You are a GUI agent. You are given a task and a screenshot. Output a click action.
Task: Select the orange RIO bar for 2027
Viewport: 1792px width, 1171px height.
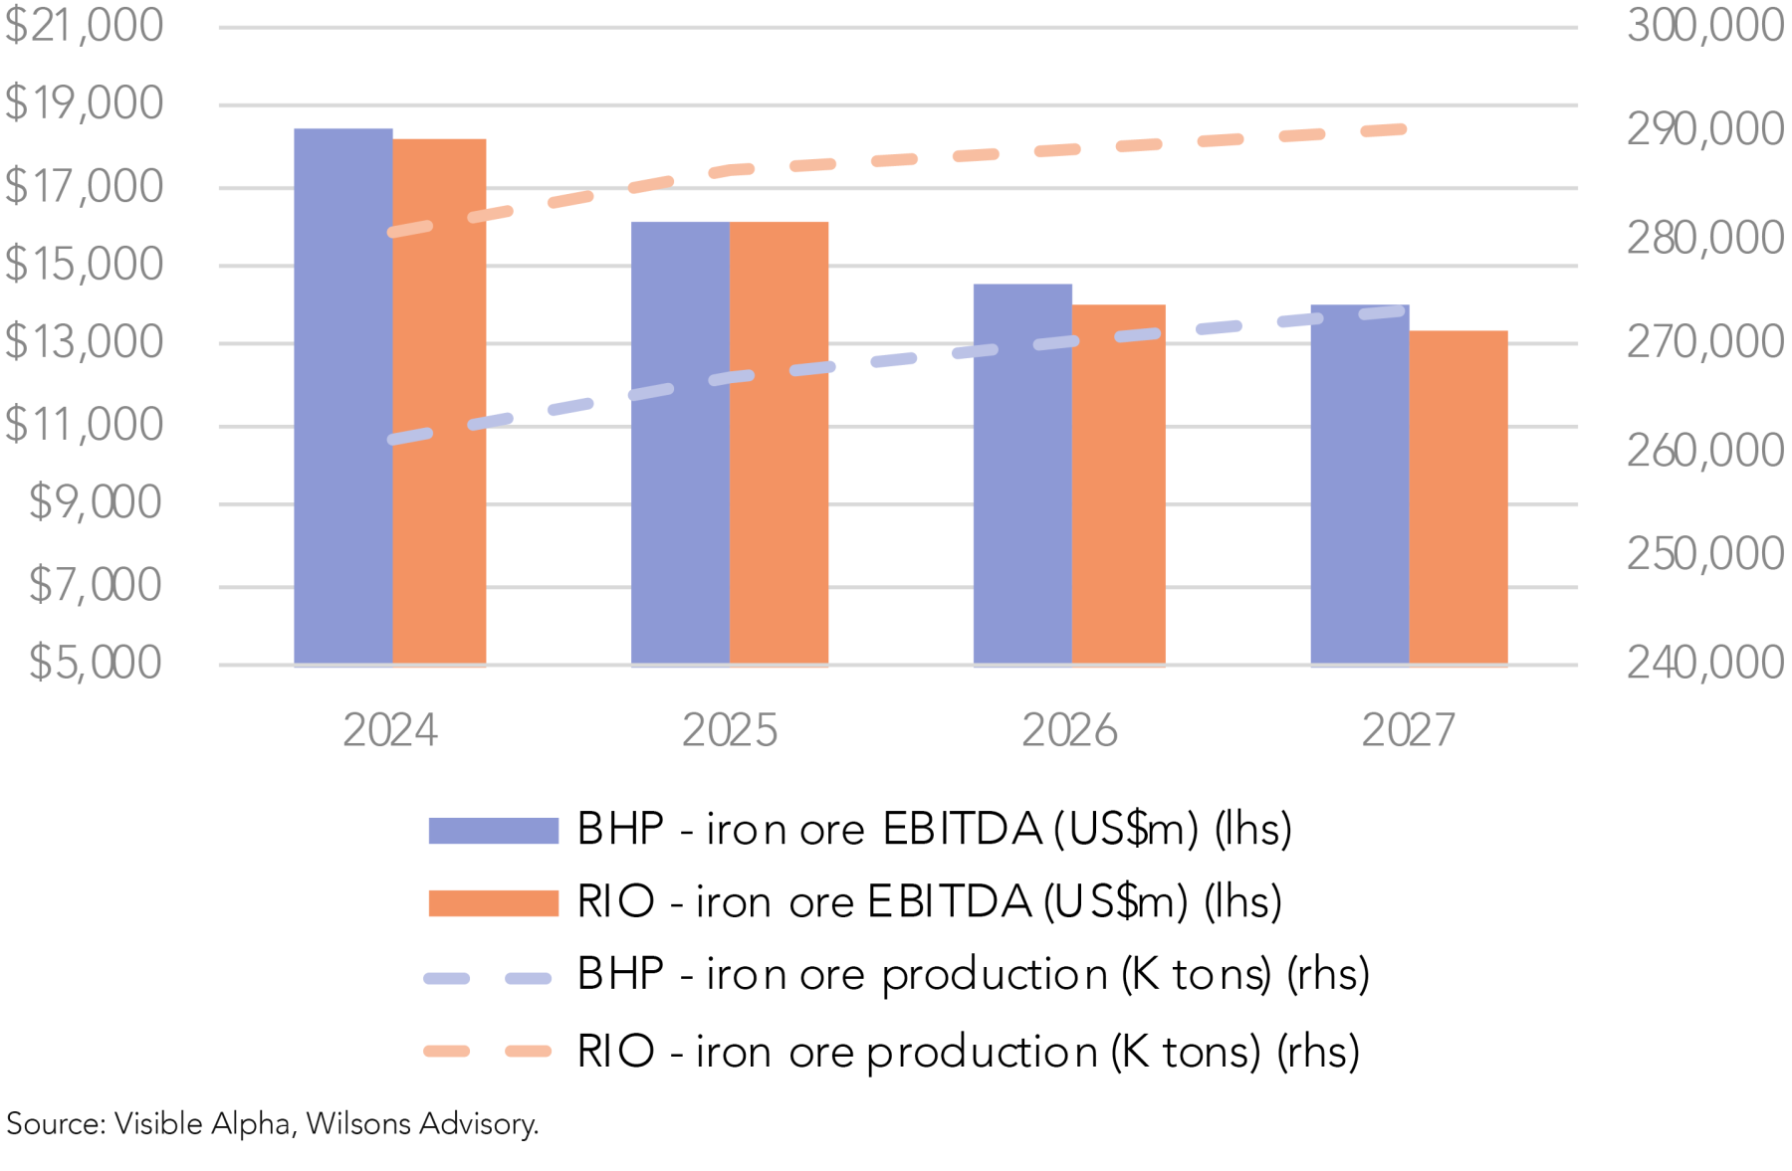[1457, 497]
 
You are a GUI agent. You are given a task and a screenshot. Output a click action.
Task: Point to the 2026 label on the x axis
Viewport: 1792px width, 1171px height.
[1069, 731]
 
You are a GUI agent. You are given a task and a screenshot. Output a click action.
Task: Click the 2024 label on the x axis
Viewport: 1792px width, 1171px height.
[390, 731]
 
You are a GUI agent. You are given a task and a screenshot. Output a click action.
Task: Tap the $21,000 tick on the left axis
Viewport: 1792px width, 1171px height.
[84, 26]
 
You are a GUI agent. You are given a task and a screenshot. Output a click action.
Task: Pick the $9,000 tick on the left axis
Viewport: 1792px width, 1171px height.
[95, 503]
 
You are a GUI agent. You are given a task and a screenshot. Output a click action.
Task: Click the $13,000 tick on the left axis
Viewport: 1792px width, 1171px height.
[84, 343]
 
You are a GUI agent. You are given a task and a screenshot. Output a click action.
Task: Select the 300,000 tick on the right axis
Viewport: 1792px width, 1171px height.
[1704, 26]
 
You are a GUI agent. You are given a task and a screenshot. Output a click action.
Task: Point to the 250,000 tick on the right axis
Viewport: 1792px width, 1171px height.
[1704, 554]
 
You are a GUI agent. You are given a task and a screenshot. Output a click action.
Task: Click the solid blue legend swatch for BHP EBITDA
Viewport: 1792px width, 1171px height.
[493, 830]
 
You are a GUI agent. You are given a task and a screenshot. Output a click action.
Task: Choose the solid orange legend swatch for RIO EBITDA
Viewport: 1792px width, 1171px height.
[493, 902]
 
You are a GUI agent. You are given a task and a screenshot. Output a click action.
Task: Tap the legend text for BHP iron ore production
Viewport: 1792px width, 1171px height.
[973, 975]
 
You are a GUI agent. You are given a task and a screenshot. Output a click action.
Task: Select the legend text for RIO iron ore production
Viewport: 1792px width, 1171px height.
[968, 1052]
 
